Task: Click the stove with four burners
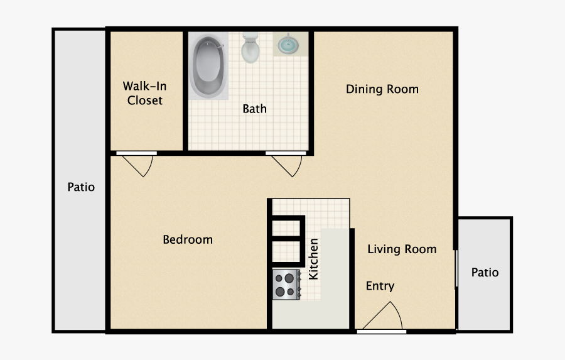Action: [286, 283]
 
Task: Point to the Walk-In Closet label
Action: [145, 93]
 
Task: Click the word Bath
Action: [254, 109]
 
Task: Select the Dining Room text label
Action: [382, 89]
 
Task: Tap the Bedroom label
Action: [188, 239]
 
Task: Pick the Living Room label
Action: [402, 249]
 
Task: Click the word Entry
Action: [380, 286]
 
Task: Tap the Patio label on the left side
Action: [81, 187]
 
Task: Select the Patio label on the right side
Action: [485, 272]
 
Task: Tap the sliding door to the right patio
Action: [456, 268]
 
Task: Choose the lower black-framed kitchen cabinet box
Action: [287, 251]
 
